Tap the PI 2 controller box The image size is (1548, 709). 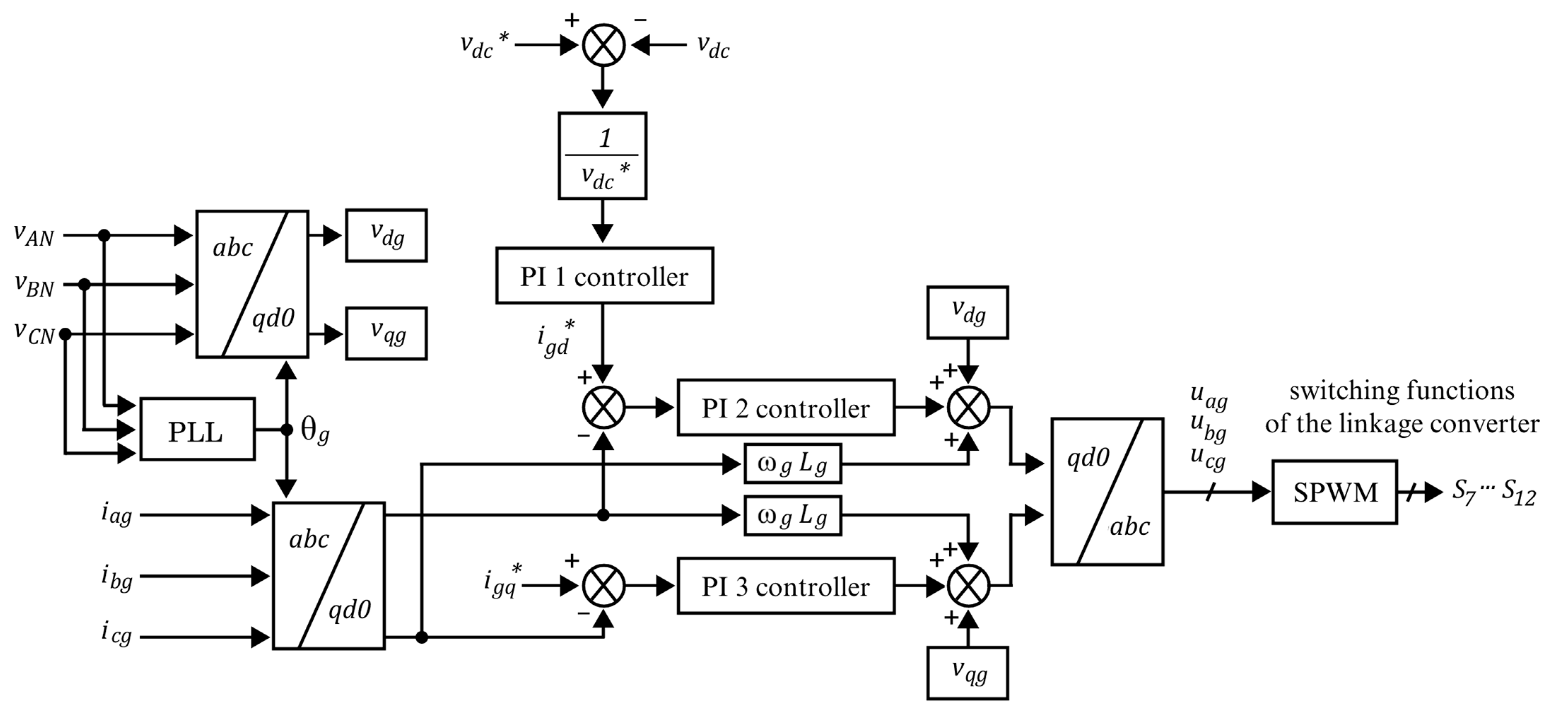[785, 408]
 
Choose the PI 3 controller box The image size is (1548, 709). [785, 586]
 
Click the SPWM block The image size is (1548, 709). [1334, 492]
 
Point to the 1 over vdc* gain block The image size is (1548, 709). [602, 156]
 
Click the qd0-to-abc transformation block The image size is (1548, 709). [1107, 492]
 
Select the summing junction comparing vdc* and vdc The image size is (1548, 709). [603, 45]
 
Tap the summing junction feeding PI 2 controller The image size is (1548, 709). [603, 408]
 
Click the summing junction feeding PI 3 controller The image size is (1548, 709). [603, 586]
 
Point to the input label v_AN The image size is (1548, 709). [34, 235]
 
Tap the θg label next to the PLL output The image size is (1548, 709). [314, 432]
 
